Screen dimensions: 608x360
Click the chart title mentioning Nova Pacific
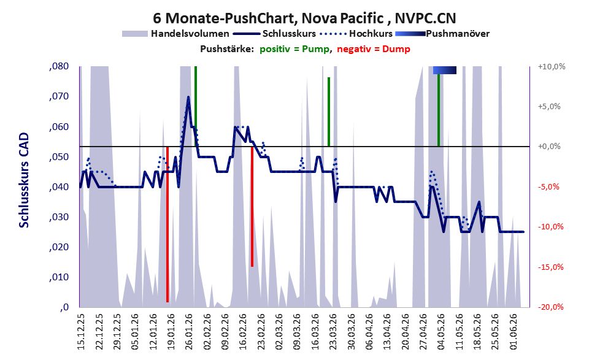point(304,18)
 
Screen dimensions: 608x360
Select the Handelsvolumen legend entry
point(175,34)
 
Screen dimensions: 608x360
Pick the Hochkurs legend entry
point(356,34)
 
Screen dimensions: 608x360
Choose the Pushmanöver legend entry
point(442,34)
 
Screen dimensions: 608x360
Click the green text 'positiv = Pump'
point(294,49)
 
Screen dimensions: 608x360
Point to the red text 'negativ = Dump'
point(374,49)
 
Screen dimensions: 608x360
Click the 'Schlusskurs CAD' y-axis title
point(24,180)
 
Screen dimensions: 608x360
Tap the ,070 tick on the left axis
point(59,96)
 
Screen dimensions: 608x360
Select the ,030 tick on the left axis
point(59,217)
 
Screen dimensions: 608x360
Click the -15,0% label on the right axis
point(550,267)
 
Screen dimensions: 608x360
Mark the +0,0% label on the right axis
point(549,147)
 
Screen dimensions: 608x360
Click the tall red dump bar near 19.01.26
point(167,224)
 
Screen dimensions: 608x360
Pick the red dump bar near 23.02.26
point(252,207)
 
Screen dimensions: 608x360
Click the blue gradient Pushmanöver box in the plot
point(445,70)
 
